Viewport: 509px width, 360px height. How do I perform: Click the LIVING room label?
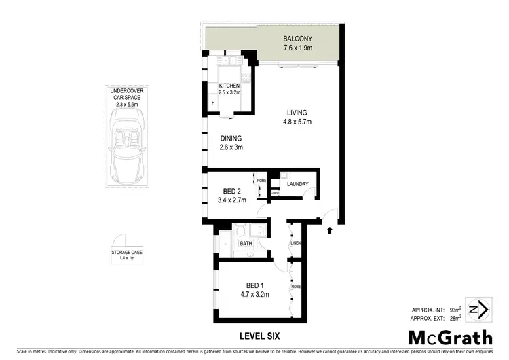297,113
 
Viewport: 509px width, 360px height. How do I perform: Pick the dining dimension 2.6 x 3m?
231,147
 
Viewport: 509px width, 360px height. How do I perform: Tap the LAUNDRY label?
298,184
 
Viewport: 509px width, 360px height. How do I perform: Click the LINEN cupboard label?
296,243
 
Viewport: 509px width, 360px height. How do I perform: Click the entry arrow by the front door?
330,230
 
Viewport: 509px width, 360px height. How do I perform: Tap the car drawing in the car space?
126,146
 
